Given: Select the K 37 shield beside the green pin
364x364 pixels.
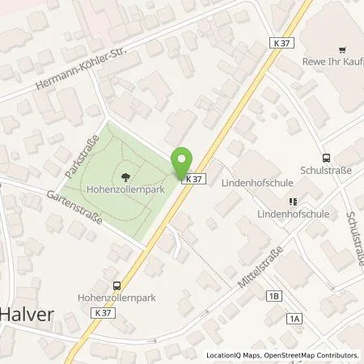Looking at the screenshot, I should click(x=193, y=178).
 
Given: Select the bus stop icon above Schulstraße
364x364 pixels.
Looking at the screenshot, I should click(x=326, y=158).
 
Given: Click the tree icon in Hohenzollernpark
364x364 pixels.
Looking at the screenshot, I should click(x=125, y=177).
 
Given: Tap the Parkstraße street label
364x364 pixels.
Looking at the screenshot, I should click(x=78, y=157).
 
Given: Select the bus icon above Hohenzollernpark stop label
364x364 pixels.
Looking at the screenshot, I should click(x=117, y=285).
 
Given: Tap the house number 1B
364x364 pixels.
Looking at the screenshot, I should click(x=273, y=297).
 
